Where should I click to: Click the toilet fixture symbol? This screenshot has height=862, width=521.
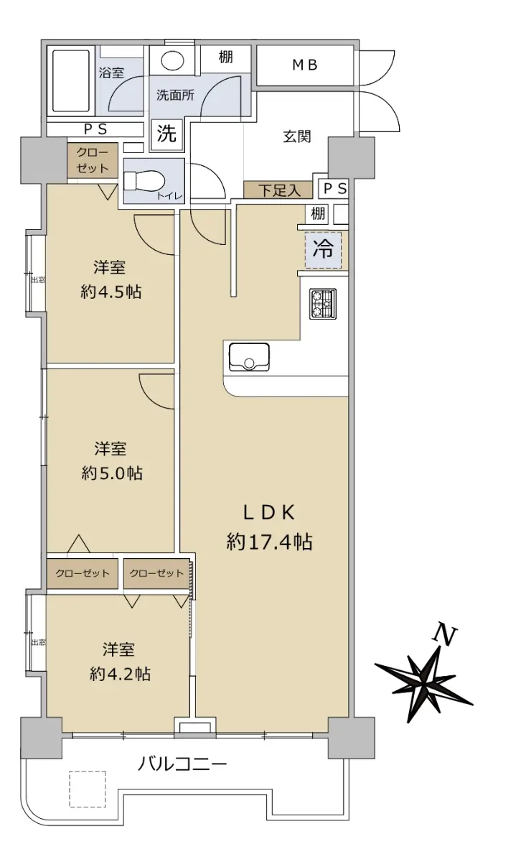[x=144, y=181]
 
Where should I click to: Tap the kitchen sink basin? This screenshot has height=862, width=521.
[x=249, y=357]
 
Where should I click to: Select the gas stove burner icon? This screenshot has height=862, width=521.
[x=323, y=304]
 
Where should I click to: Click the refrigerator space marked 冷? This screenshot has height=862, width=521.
[x=323, y=250]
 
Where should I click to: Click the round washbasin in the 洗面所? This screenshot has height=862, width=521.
[x=172, y=61]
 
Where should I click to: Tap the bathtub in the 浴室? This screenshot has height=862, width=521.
[x=71, y=80]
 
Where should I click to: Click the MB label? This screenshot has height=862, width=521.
[x=305, y=65]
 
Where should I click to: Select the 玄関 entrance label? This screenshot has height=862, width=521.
[x=297, y=136]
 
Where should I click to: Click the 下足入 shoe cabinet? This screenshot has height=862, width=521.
[x=278, y=190]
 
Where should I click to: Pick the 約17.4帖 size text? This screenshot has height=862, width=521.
[x=269, y=542]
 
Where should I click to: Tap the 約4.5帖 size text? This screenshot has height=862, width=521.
[x=111, y=292]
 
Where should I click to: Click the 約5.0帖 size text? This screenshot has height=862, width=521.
[x=112, y=473]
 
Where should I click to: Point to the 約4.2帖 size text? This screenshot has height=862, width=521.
[x=120, y=674]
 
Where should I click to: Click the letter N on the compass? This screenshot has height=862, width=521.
[x=445, y=635]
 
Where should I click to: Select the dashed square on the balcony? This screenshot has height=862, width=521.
[x=88, y=789]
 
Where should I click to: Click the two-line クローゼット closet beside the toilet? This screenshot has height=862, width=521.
[x=93, y=160]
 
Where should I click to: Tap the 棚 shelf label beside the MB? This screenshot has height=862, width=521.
[x=226, y=57]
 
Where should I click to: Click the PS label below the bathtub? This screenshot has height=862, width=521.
[x=95, y=129]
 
